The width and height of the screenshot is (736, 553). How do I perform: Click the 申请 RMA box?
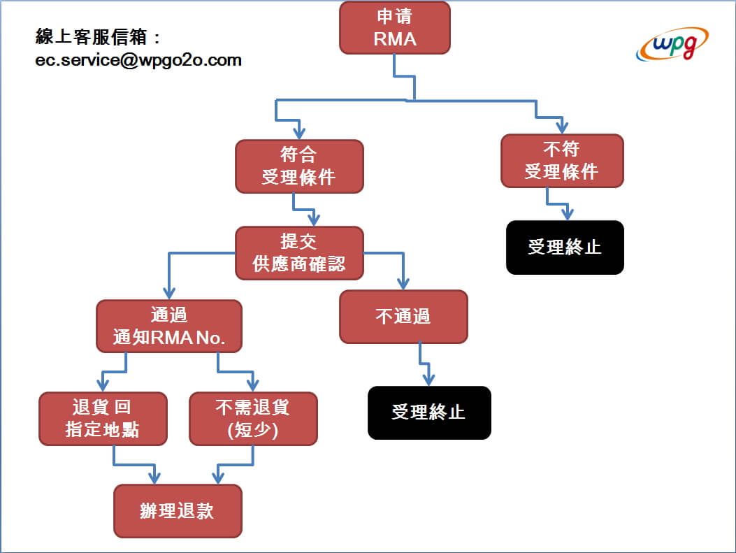[x=395, y=28]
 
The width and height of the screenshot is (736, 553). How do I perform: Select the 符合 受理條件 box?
[x=299, y=166]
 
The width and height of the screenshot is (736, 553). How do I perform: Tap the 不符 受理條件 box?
[x=563, y=161]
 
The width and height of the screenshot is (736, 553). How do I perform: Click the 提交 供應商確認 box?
[x=299, y=253]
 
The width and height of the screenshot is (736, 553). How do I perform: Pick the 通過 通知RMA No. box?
[x=169, y=326]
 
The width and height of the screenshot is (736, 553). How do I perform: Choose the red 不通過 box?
[x=404, y=317]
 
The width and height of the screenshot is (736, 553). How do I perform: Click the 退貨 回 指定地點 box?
[x=103, y=419]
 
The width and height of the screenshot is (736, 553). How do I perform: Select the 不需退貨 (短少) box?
[x=254, y=419]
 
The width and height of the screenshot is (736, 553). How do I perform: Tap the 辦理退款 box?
[x=178, y=511]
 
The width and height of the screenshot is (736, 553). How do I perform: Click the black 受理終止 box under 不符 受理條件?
[x=565, y=247]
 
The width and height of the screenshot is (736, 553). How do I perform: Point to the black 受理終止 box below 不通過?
[x=429, y=412]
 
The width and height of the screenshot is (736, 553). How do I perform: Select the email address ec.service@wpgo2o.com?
[x=138, y=60]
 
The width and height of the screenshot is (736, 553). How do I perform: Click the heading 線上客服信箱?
[x=92, y=36]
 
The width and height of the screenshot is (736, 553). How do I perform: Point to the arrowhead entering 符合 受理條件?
[x=299, y=134]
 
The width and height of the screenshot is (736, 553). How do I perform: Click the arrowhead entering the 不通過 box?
[x=403, y=284]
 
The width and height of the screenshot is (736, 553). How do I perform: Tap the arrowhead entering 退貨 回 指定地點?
[x=103, y=385]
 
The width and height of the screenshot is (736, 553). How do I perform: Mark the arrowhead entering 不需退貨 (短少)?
[x=253, y=385]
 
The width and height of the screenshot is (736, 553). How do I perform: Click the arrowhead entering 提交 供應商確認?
[x=314, y=220]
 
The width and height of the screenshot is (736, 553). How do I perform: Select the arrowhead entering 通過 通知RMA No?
[x=169, y=293]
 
